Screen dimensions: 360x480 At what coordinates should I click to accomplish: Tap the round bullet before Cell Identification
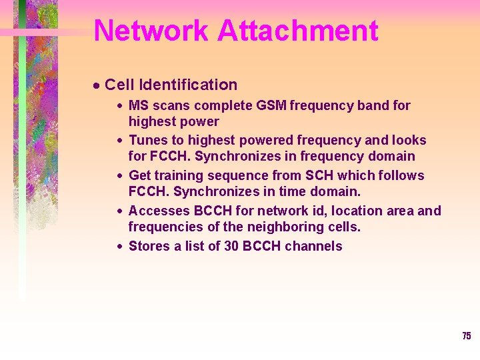[x=96, y=85]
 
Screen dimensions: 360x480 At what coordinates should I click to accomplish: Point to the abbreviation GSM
[x=268, y=105]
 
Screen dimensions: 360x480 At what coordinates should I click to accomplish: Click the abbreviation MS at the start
[x=138, y=105]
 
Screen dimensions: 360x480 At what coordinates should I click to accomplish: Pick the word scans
[x=170, y=105]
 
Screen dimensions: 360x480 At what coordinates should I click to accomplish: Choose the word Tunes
[x=147, y=140]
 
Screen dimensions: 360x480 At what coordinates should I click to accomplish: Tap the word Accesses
[x=159, y=211]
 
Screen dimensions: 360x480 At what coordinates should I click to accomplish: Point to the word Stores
[x=148, y=246]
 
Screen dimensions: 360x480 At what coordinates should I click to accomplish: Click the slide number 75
[x=466, y=336]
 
